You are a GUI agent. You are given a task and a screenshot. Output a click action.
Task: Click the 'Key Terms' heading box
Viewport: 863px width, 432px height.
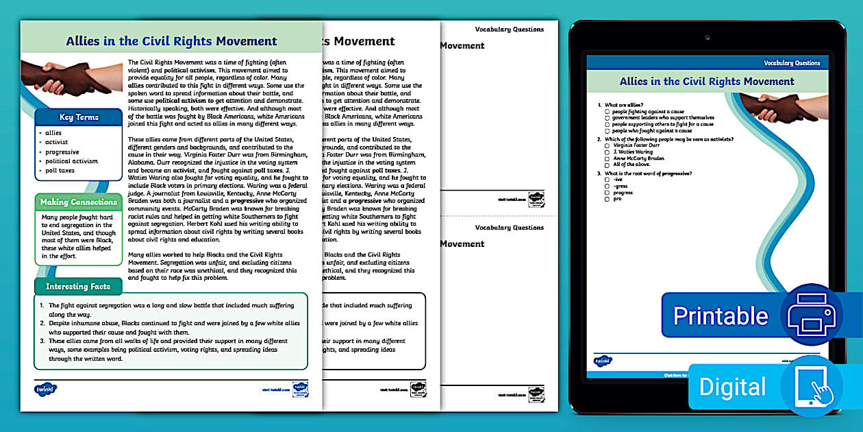79,117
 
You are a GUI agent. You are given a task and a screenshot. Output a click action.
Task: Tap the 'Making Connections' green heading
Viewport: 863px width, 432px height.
79,202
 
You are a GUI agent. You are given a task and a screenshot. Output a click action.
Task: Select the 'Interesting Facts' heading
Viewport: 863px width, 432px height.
77,286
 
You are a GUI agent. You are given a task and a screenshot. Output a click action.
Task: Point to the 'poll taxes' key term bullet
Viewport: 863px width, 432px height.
60,171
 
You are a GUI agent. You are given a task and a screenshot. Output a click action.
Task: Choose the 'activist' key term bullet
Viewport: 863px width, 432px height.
58,143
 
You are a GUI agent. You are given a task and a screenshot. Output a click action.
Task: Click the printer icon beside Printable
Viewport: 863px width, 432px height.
812,315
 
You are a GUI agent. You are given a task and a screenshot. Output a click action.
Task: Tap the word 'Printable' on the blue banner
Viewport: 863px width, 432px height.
721,316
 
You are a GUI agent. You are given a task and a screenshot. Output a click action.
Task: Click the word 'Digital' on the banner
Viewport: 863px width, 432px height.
731,387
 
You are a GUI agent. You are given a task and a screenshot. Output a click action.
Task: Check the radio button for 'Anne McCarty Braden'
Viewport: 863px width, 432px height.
608,158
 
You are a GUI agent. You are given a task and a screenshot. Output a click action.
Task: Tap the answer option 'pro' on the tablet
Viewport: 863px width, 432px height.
617,198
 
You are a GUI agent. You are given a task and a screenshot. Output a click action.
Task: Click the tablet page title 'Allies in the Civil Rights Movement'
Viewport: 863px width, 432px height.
707,82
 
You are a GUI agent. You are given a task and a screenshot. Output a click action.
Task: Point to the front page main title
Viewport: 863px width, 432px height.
171,41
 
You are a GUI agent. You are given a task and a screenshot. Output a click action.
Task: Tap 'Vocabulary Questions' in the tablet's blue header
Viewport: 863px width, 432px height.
792,63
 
